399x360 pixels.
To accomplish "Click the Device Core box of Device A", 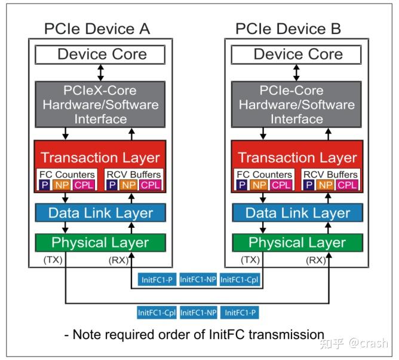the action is (x=100, y=54).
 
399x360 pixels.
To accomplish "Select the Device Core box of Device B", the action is (x=296, y=54).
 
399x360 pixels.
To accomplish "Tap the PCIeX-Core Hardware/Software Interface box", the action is (x=100, y=104).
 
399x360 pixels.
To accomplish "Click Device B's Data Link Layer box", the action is (x=297, y=212).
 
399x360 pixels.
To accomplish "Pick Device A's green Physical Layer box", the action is (x=100, y=243).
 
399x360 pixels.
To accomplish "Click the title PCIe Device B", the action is (x=288, y=29).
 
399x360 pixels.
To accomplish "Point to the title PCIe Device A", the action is (x=97, y=29).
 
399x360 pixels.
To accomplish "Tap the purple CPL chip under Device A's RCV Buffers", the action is (x=151, y=185).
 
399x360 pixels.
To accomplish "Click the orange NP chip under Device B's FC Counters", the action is (x=259, y=185).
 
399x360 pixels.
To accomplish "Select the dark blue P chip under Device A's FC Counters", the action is (x=45, y=185).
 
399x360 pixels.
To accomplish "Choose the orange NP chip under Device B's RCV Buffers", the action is (x=326, y=185).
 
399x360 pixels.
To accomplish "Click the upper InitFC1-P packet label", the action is (x=156, y=279).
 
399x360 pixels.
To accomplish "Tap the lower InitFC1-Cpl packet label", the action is (x=156, y=312).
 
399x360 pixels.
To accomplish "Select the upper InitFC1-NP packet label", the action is (x=198, y=279).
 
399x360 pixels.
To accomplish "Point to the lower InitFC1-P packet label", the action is (x=240, y=312).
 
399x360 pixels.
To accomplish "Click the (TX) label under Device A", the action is (x=53, y=260).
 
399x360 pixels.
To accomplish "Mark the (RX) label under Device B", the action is (x=316, y=260).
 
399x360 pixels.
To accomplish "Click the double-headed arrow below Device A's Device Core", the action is (x=101, y=72).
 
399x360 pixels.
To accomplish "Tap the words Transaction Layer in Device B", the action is (x=297, y=157).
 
